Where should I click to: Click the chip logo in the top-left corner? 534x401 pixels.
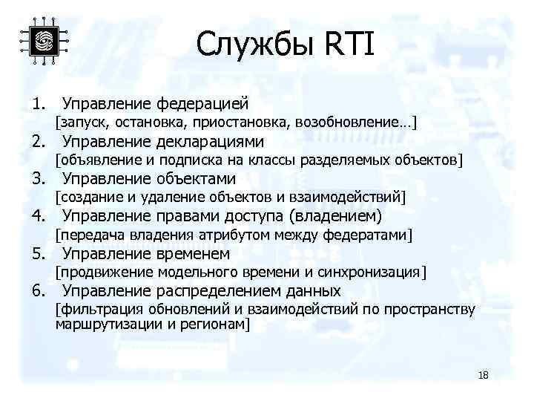[44, 41]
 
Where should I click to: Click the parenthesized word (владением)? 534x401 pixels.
[336, 216]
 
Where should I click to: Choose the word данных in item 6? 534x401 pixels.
[315, 290]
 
